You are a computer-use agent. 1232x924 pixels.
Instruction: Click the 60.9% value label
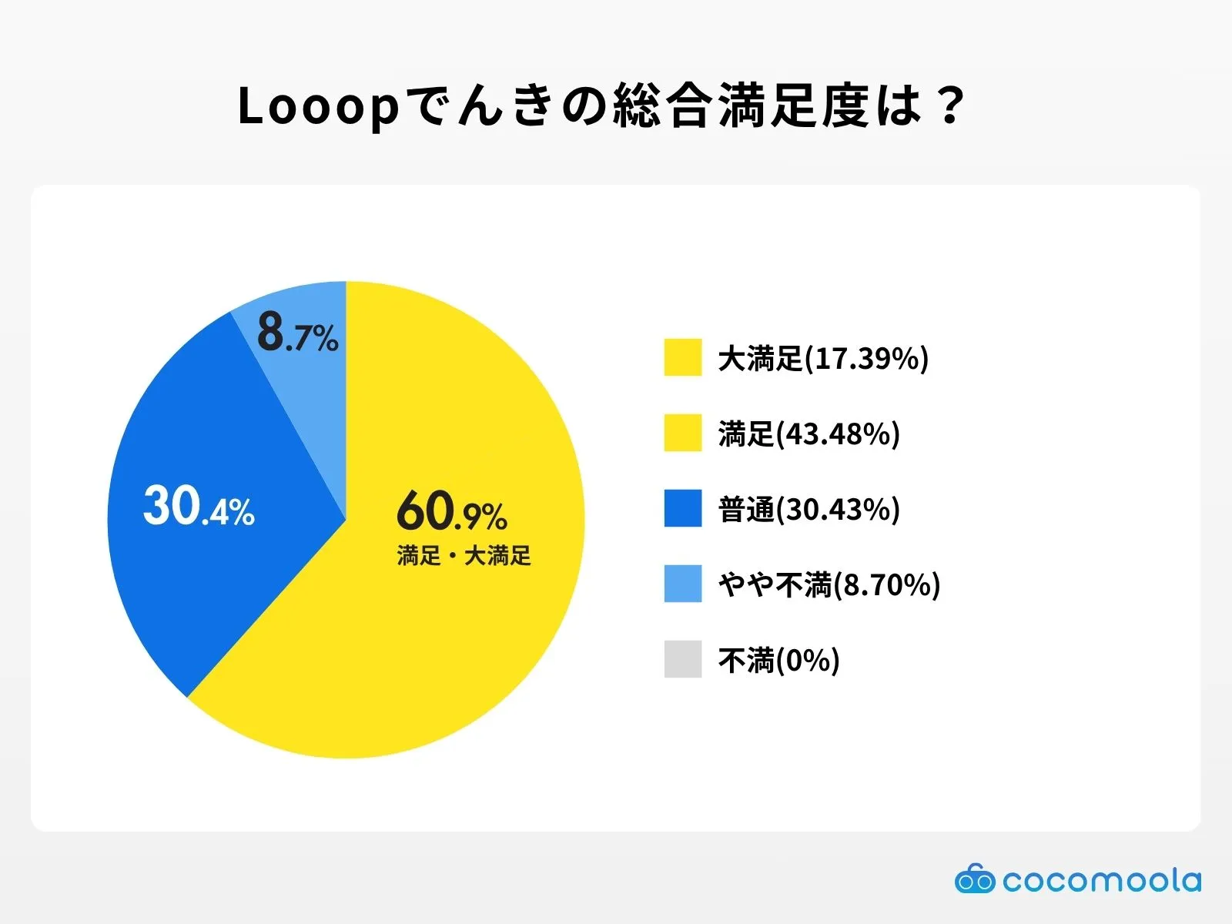coord(452,511)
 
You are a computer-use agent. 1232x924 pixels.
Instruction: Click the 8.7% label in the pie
coord(297,333)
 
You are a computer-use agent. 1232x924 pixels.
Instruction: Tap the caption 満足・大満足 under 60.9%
coord(464,555)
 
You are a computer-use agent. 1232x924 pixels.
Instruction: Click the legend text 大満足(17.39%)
coord(823,358)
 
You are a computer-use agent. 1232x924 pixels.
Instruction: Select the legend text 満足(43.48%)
coord(808,434)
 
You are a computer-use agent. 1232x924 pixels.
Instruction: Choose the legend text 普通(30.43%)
coord(808,509)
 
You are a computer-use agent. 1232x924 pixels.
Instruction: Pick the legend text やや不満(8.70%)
coord(829,584)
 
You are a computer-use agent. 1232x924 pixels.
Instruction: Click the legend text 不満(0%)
coord(778,660)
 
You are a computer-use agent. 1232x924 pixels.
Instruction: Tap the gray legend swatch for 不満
coord(683,659)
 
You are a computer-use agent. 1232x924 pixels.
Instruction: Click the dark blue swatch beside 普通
coord(683,508)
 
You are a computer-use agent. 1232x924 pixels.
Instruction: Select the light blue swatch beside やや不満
coord(683,584)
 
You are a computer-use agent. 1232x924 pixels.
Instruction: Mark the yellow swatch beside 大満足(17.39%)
coord(683,357)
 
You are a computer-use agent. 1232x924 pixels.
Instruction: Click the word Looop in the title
coord(318,106)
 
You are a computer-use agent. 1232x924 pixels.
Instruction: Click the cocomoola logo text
coord(1101,880)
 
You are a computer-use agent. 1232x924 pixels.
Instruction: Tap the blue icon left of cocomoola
coord(975,879)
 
